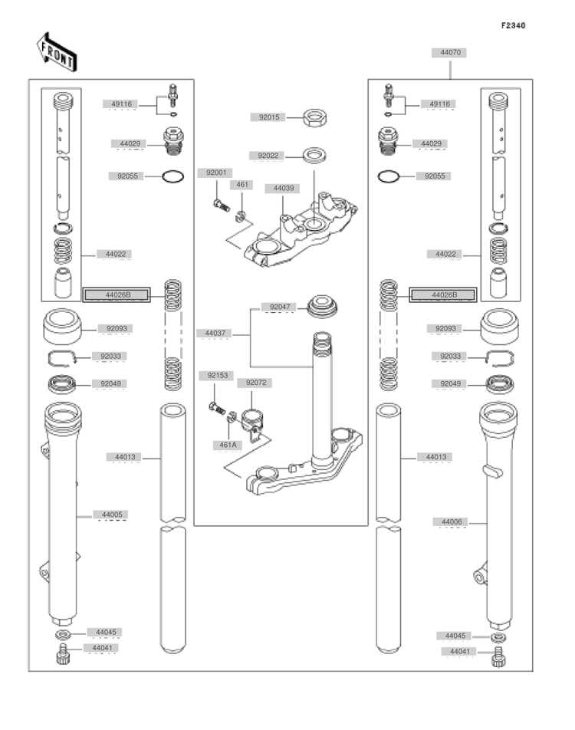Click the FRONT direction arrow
[x=56, y=52]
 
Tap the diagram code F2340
[x=513, y=25]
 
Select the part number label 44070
[x=450, y=53]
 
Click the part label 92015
[x=268, y=117]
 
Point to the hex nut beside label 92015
[x=315, y=117]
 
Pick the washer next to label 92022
[x=314, y=155]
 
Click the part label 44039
[x=283, y=188]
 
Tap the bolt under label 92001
[x=221, y=206]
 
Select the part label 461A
[x=228, y=445]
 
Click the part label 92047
[x=280, y=307]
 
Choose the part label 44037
[x=215, y=334]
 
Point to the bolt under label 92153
[x=218, y=409]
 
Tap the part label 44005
[x=112, y=515]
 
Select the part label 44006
[x=451, y=522]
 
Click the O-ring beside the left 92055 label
[x=172, y=176]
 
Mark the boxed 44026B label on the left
[x=117, y=294]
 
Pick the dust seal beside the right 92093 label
[x=499, y=327]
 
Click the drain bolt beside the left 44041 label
[x=62, y=654]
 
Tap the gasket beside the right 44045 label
[x=498, y=637]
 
